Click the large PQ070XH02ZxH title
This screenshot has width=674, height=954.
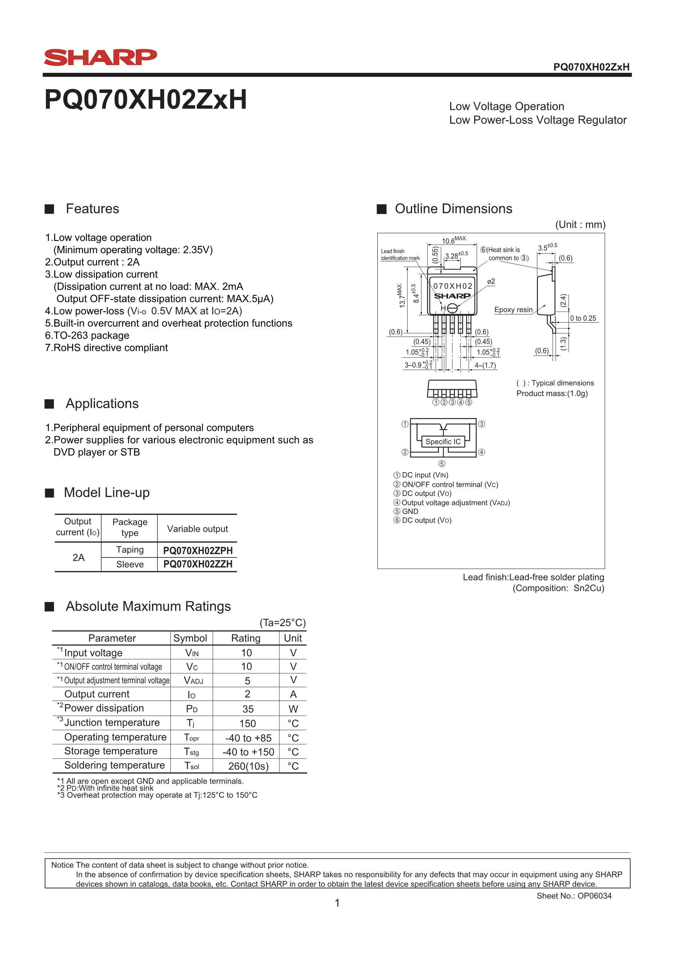pyautogui.click(x=145, y=100)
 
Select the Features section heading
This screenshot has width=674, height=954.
pyautogui.click(x=92, y=209)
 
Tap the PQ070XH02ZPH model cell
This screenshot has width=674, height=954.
pyautogui.click(x=198, y=551)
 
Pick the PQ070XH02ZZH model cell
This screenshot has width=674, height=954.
pyautogui.click(x=198, y=564)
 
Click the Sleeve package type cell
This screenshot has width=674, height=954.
pyautogui.click(x=130, y=564)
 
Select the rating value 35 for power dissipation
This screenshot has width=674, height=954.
pyautogui.click(x=248, y=709)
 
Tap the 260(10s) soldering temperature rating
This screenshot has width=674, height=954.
pyautogui.click(x=248, y=766)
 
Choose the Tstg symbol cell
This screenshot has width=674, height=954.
pyautogui.click(x=191, y=752)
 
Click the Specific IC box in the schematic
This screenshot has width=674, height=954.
pyautogui.click(x=443, y=442)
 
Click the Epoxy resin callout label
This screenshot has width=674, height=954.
pyautogui.click(x=513, y=310)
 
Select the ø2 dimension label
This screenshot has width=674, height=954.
pyautogui.click(x=491, y=281)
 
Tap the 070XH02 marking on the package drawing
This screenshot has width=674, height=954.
pyautogui.click(x=453, y=286)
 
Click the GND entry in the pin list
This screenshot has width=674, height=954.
pyautogui.click(x=410, y=512)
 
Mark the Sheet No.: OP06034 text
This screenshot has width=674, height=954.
pyautogui.click(x=574, y=896)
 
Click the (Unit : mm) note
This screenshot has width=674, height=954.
pyautogui.click(x=580, y=225)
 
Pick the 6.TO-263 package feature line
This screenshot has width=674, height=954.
pyautogui.click(x=87, y=335)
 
